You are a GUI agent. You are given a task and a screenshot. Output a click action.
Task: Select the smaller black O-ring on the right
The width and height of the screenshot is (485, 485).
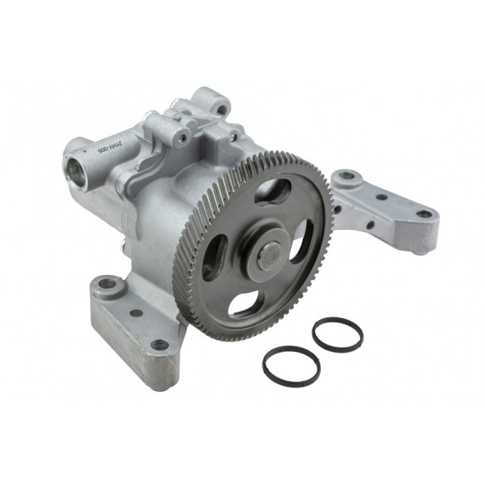pos(337,334)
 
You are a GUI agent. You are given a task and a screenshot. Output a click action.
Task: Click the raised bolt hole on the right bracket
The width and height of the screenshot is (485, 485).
pos(346,176)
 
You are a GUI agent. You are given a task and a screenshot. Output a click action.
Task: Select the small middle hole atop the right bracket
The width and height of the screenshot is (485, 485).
pos(382,197)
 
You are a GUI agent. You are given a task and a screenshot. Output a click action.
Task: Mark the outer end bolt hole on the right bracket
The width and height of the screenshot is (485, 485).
pos(423,214)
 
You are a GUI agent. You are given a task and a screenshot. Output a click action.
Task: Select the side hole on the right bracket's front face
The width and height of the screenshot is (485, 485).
pos(370,224)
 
